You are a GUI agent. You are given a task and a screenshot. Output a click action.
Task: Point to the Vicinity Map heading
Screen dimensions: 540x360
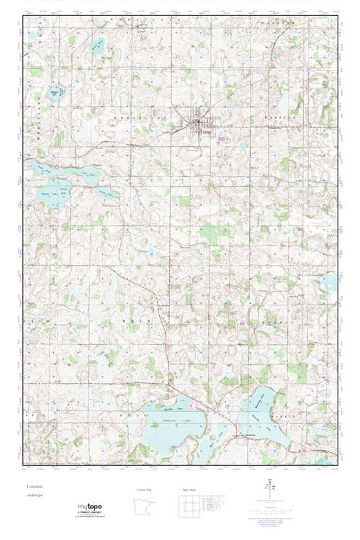tap(144, 490)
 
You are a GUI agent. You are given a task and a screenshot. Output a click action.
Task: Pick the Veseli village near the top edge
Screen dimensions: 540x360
tap(142, 28)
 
